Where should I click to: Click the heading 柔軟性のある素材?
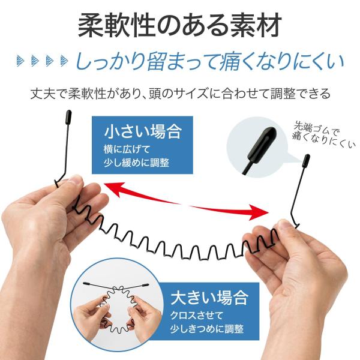click(180, 25)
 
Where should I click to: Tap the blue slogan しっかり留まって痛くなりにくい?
click(209, 61)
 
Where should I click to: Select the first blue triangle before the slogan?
click(20, 61)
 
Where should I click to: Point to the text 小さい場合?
click(143, 131)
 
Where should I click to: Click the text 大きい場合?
click(209, 298)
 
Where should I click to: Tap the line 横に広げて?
click(127, 149)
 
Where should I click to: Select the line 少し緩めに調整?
click(136, 163)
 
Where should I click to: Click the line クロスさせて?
click(197, 316)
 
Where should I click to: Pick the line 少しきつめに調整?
click(206, 329)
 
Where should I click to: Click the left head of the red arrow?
click(113, 190)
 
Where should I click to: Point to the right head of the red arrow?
click(259, 212)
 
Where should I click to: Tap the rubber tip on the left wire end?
click(68, 117)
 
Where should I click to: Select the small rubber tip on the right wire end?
click(307, 160)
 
